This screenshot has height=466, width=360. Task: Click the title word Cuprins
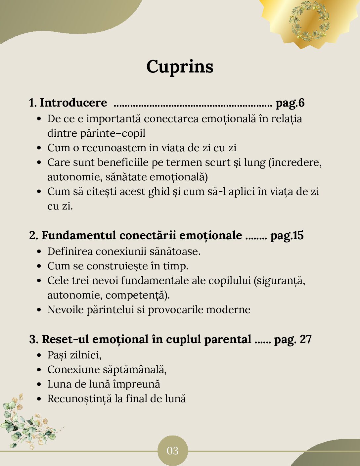(x=180, y=67)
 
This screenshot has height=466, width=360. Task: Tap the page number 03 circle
(x=172, y=450)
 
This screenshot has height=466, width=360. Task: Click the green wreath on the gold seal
(x=309, y=21)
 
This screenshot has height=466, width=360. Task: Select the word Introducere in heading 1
(x=73, y=103)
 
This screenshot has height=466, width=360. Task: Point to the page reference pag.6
(x=290, y=103)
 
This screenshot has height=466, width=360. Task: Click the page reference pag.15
(x=287, y=235)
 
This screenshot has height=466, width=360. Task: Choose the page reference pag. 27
(x=293, y=339)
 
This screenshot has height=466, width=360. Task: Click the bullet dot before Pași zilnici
(x=39, y=355)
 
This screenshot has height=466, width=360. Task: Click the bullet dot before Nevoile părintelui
(x=39, y=310)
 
